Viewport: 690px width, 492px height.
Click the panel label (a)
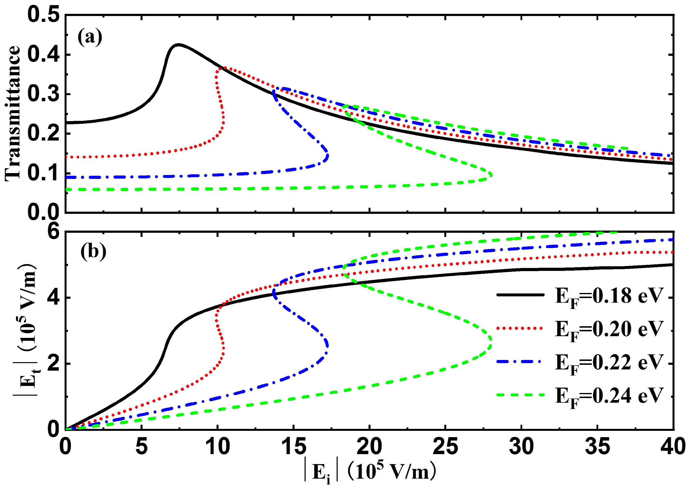(x=90, y=38)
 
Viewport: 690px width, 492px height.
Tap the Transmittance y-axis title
(x=13, y=114)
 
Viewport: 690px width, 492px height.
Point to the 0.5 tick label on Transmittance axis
(x=43, y=15)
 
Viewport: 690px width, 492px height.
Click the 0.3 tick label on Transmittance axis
(x=43, y=94)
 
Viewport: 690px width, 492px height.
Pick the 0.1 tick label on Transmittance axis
(x=43, y=173)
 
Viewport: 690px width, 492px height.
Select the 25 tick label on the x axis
(x=445, y=447)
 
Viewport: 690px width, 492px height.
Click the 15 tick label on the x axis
(x=293, y=447)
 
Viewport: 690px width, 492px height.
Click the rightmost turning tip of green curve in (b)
(x=491, y=339)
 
